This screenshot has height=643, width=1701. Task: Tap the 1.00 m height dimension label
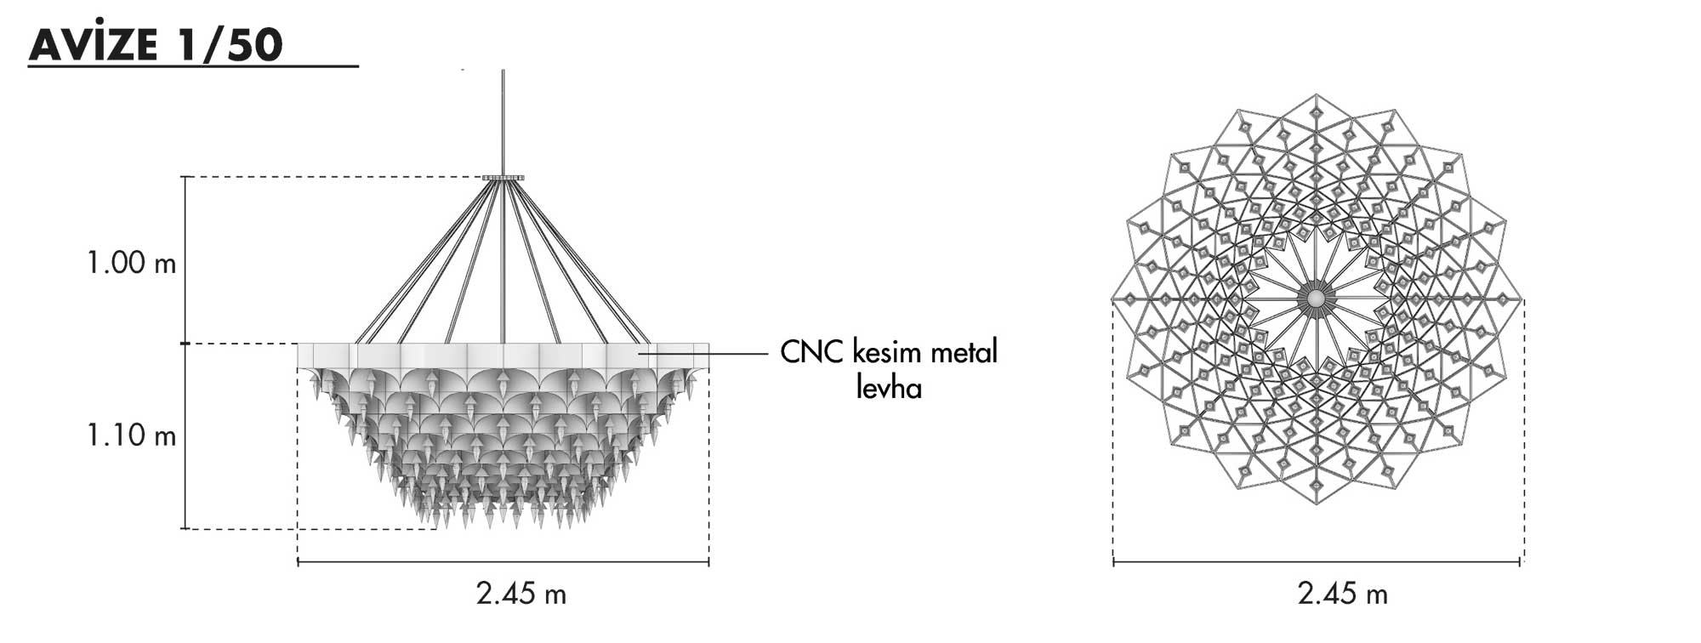(x=132, y=263)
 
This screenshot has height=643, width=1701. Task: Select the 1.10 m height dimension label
(x=132, y=435)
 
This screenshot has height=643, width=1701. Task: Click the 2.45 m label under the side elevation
(x=521, y=594)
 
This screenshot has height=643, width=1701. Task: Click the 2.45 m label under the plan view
(x=1343, y=594)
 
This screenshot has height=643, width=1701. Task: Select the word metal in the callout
(x=964, y=352)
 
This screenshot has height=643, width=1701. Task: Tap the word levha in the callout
(x=889, y=388)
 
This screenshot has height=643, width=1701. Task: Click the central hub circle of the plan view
(x=1316, y=299)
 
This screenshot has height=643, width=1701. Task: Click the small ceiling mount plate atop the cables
(x=503, y=178)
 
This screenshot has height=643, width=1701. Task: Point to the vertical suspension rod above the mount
(x=503, y=122)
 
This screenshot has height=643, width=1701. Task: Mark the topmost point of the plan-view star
(x=1317, y=94)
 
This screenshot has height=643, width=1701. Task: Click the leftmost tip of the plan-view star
(x=1112, y=299)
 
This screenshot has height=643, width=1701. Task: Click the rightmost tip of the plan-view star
(x=1522, y=299)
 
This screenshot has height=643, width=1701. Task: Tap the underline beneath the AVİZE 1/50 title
(x=193, y=65)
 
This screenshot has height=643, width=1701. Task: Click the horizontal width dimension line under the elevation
(x=503, y=562)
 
